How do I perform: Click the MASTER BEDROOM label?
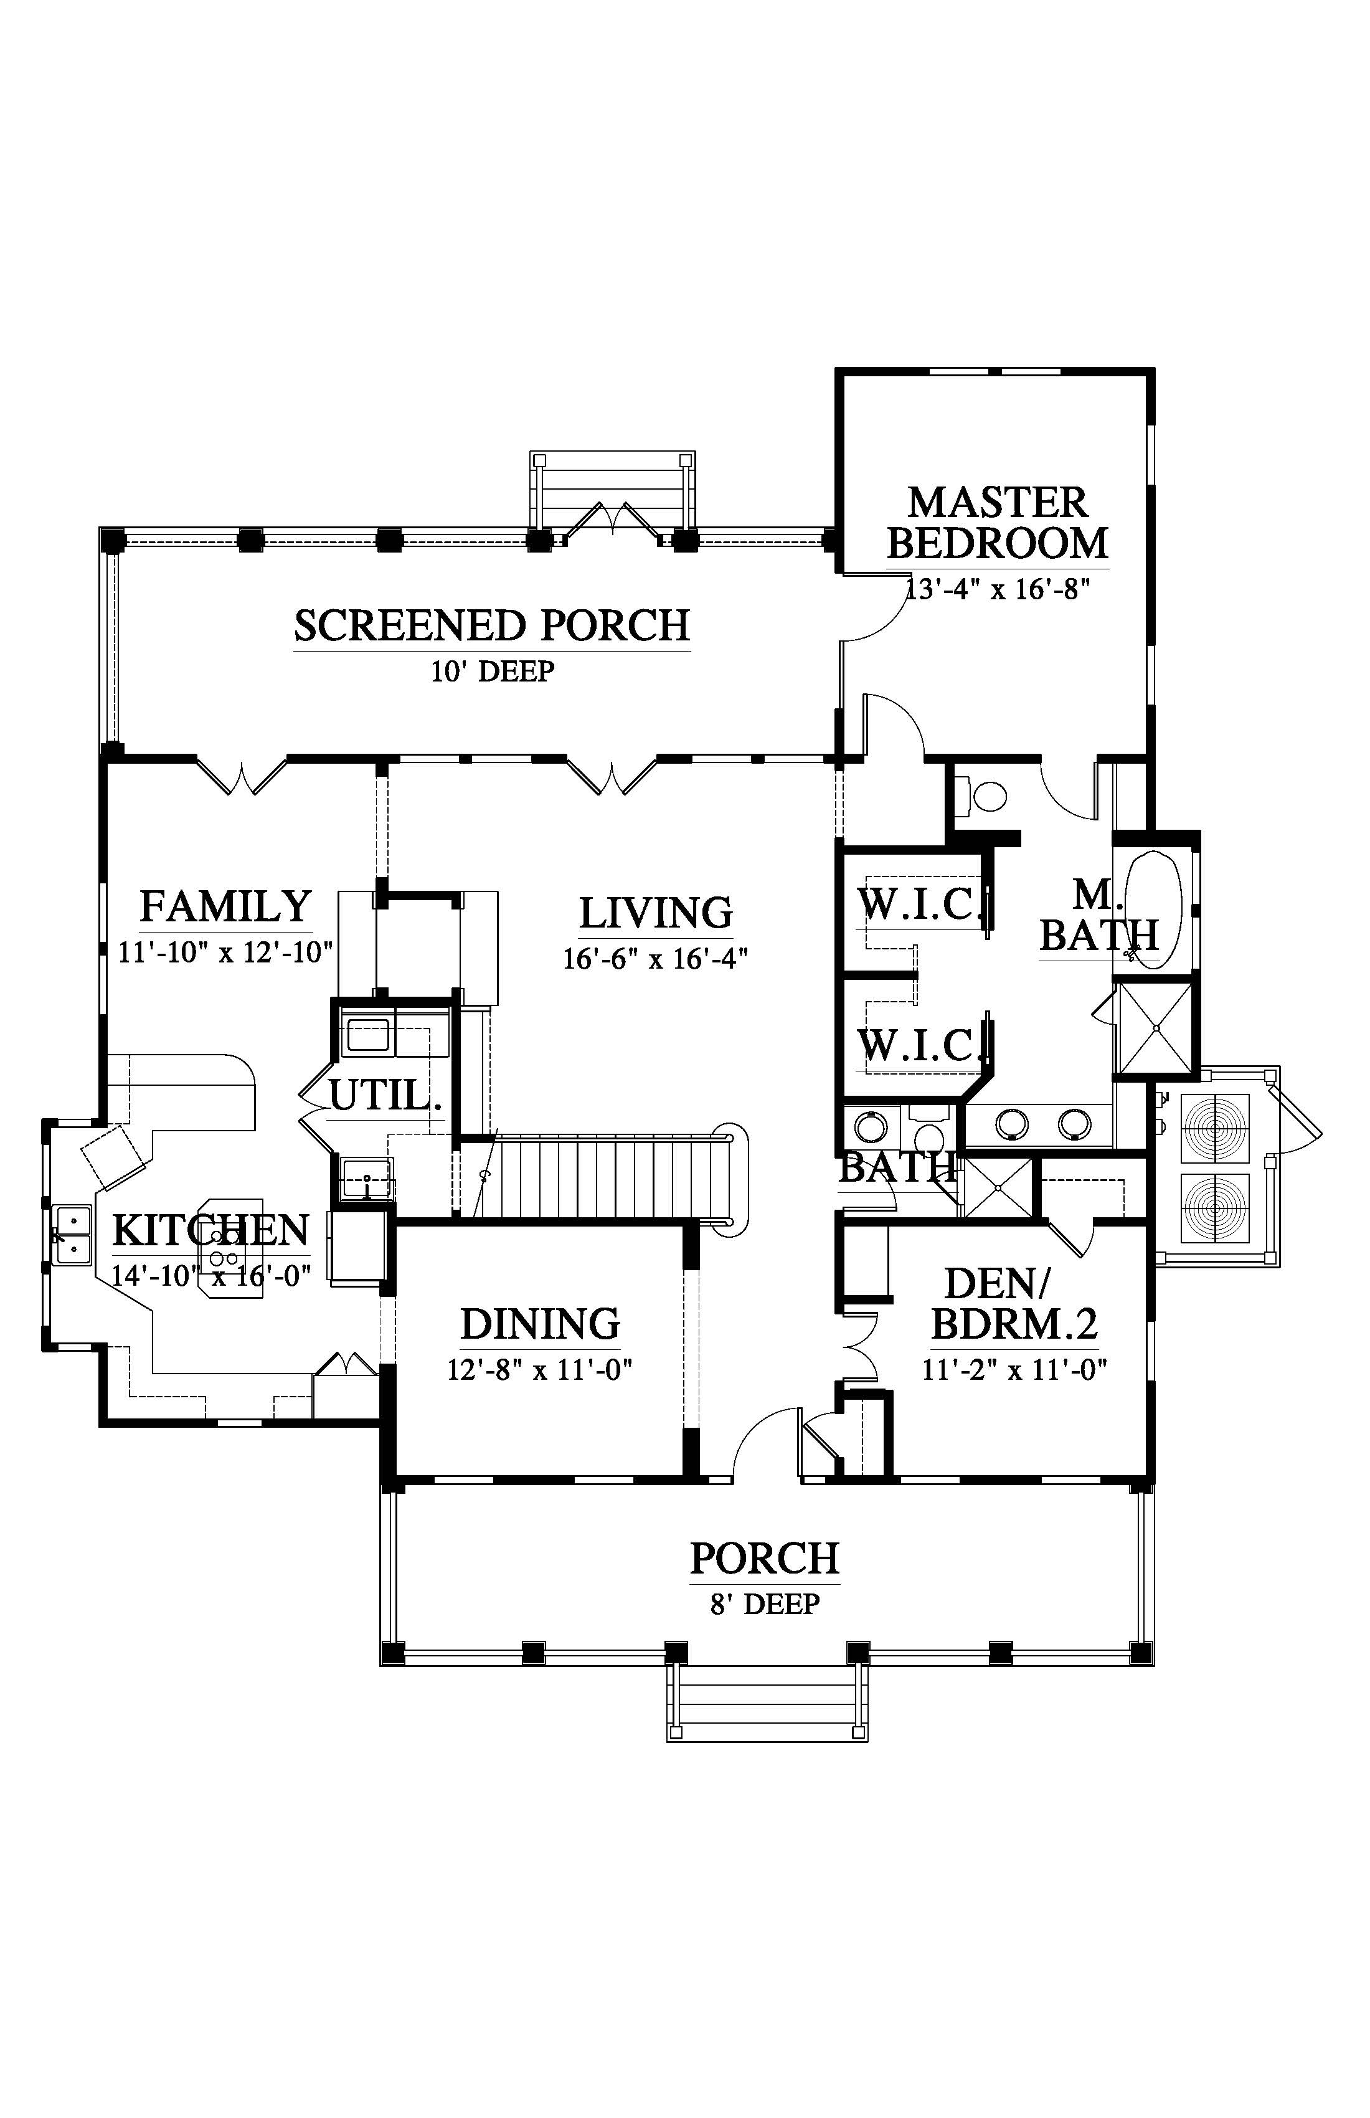coord(997,523)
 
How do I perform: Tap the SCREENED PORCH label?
coord(492,625)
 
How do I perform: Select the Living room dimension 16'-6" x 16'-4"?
coord(656,959)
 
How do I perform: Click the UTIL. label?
coord(385,1095)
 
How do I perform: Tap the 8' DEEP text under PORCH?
coord(764,1603)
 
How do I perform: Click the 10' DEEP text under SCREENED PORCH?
coord(492,670)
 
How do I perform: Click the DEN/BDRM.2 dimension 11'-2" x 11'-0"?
coord(1014,1370)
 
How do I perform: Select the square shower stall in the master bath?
coord(1156,1028)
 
